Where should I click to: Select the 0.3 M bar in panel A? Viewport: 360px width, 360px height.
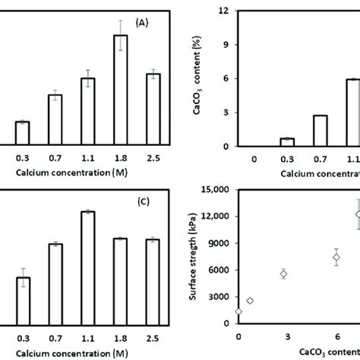pyautogui.click(x=23, y=133)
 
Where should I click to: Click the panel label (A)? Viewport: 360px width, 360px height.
pyautogui.click(x=142, y=24)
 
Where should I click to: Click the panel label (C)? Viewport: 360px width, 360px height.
pyautogui.click(x=142, y=202)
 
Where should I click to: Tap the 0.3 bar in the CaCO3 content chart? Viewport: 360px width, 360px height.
pyautogui.click(x=266, y=142)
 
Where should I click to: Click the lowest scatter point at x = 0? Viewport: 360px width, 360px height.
pyautogui.click(x=239, y=311)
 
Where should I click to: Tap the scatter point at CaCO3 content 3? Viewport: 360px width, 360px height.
pyautogui.click(x=283, y=273)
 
